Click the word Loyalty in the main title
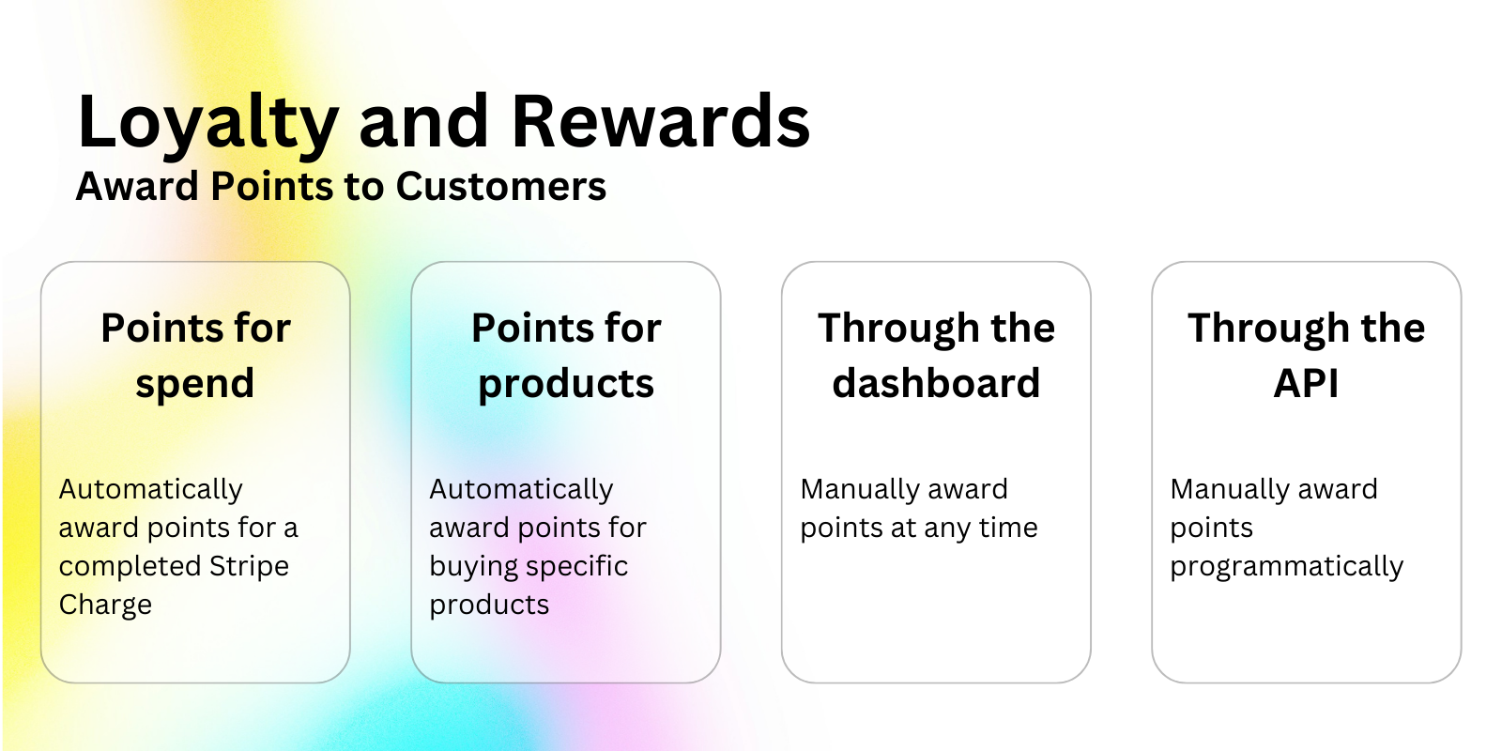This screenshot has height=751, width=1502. tap(207, 124)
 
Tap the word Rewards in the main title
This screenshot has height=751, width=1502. tap(661, 121)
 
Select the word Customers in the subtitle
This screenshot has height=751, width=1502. tap(501, 186)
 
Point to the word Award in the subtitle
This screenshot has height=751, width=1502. tap(137, 186)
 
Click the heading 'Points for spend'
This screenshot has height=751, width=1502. tap(195, 356)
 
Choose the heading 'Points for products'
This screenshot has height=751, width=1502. tap(566, 356)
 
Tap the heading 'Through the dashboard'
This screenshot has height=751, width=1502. tap(936, 356)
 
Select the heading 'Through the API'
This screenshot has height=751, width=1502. tap(1306, 356)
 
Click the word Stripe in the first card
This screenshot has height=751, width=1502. tap(249, 567)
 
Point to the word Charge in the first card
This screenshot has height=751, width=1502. tap(105, 605)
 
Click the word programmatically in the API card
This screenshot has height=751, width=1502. tap(1287, 568)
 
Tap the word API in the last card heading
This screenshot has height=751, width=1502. tap(1306, 384)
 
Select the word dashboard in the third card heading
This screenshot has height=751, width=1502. tap(936, 383)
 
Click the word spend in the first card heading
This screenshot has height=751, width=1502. tap(195, 385)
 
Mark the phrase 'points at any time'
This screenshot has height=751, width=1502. tap(919, 529)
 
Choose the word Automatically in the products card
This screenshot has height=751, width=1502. tap(521, 490)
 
